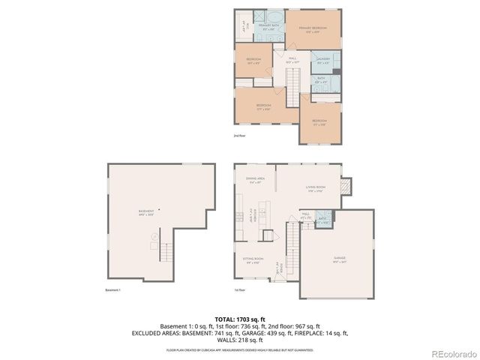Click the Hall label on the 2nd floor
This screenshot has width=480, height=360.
click(x=293, y=61)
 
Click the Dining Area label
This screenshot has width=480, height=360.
click(x=255, y=180)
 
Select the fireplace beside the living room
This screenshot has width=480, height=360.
click(x=346, y=186)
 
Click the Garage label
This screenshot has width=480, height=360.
click(x=340, y=259)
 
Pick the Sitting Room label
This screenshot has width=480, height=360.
click(x=253, y=260)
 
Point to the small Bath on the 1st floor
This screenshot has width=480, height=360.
click(x=322, y=220)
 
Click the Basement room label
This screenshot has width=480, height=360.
click(x=146, y=213)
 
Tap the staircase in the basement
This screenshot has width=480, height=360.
click(x=164, y=255)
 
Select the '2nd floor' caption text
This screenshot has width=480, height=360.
click(x=240, y=136)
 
